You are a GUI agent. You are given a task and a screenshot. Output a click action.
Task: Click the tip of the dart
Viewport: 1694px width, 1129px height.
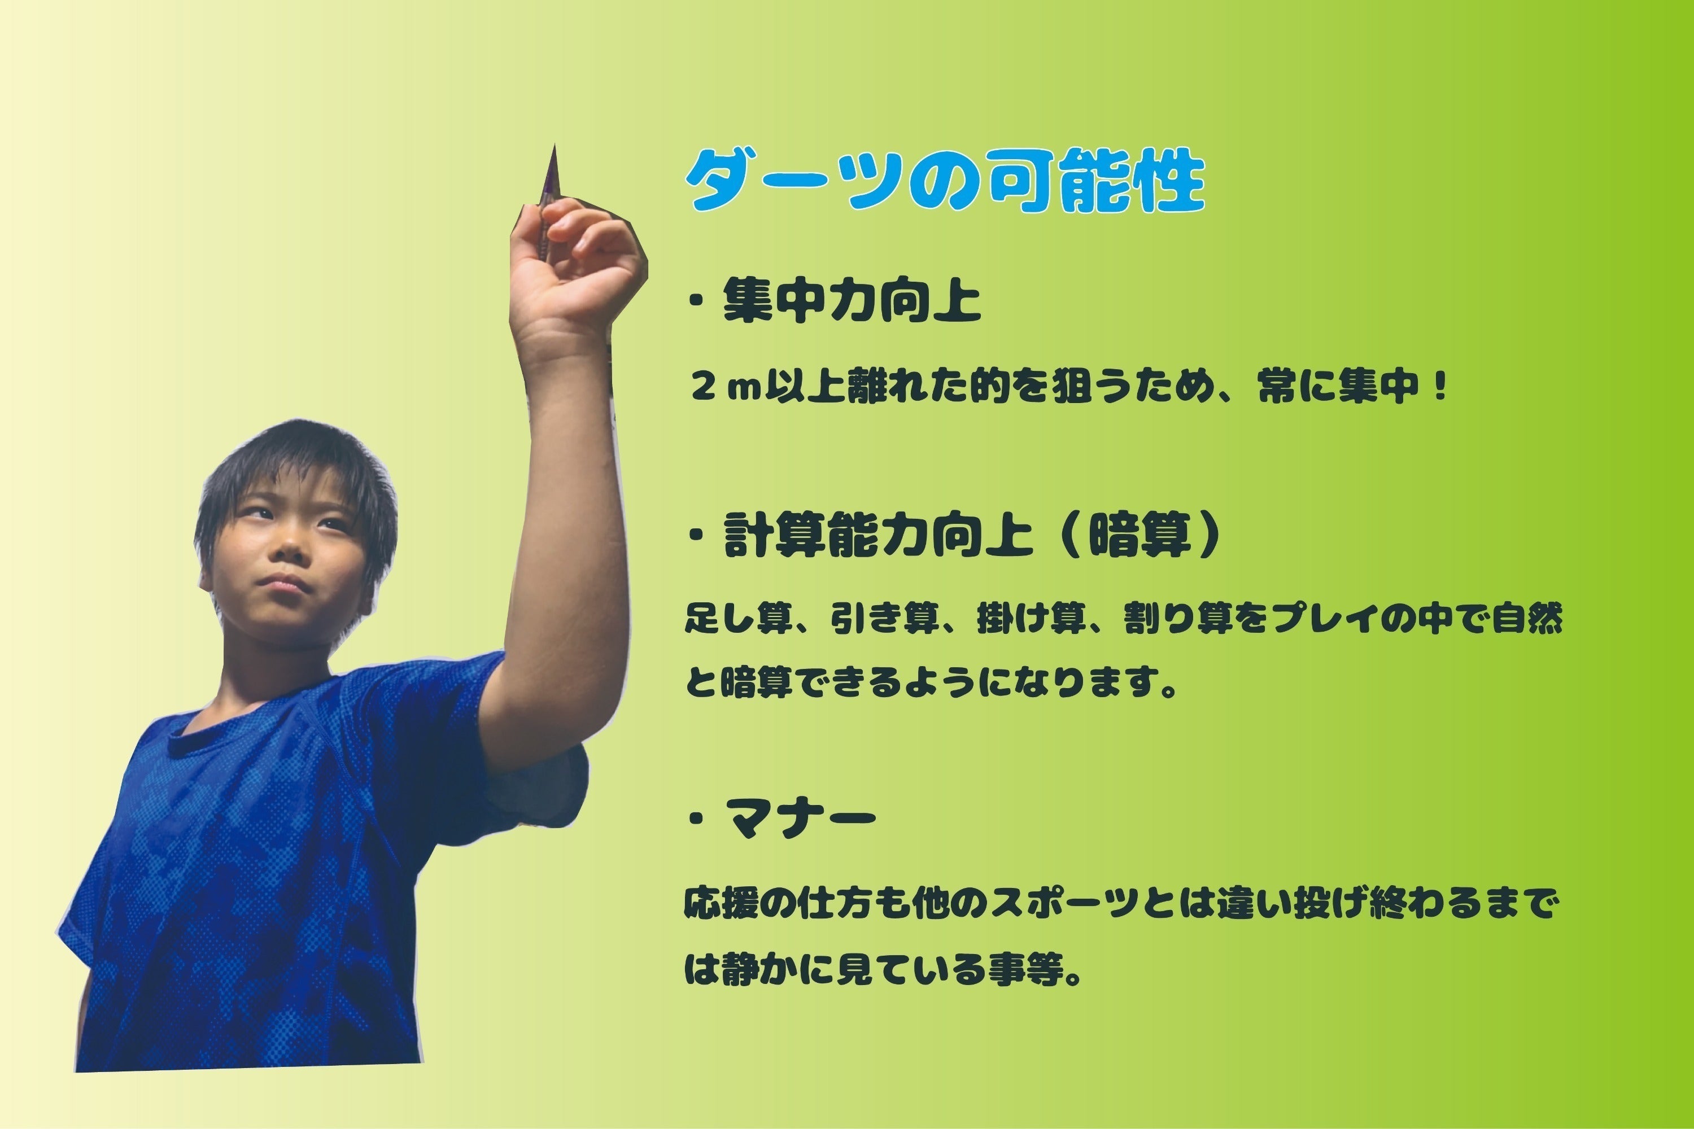tap(554, 145)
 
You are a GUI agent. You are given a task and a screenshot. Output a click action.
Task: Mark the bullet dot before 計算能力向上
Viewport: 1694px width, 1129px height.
tap(696, 536)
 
